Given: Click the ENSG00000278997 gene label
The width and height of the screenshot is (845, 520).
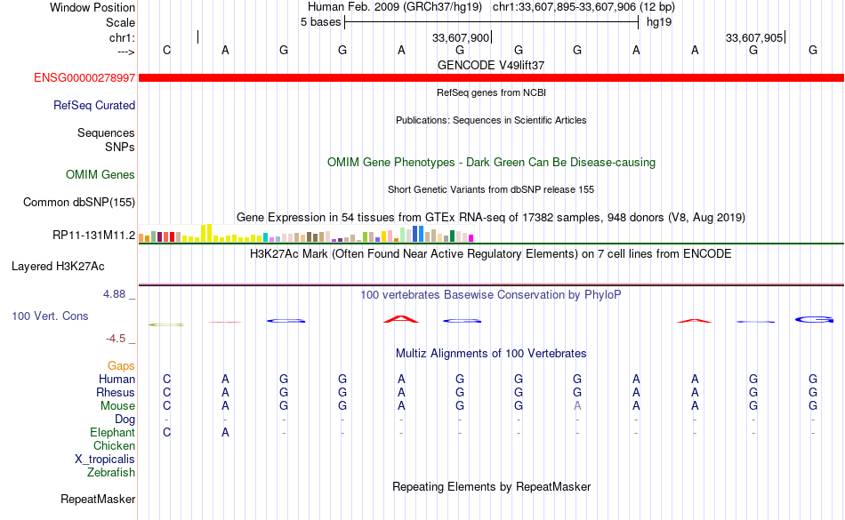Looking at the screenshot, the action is coord(84,78).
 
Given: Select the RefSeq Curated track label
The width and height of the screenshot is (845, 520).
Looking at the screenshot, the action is coord(93,106).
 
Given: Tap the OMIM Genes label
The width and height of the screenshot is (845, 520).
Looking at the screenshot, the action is coord(100,174).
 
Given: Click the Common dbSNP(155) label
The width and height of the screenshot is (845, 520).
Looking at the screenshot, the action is coord(78,203).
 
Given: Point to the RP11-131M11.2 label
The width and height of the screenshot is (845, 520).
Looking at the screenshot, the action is coord(93,236).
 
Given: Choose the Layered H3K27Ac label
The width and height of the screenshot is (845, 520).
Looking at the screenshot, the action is coord(58,267).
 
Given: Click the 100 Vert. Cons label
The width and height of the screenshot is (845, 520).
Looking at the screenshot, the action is coord(50,316).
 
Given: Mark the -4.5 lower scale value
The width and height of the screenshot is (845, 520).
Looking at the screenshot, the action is coord(116,339).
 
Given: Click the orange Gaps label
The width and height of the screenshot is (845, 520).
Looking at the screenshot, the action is coord(121,366).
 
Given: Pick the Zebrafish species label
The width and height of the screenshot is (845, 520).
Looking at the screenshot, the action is coord(111,473).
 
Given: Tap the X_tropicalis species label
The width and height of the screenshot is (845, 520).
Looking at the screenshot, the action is coord(105,460).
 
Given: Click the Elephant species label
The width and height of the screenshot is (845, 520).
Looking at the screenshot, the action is coord(112,433).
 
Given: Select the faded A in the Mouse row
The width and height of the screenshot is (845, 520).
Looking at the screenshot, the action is coord(577,406).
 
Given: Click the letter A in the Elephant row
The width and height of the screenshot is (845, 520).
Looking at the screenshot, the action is coord(225,433).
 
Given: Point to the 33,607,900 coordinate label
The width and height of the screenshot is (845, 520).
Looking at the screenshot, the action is coord(461,37).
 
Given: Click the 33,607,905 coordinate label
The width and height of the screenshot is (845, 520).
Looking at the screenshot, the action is coord(754,37).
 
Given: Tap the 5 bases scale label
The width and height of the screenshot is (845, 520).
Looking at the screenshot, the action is coord(320,22).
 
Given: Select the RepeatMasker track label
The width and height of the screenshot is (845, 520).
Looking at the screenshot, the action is coord(98,500).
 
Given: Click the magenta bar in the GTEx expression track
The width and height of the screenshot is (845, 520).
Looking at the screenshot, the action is coord(471,238).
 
